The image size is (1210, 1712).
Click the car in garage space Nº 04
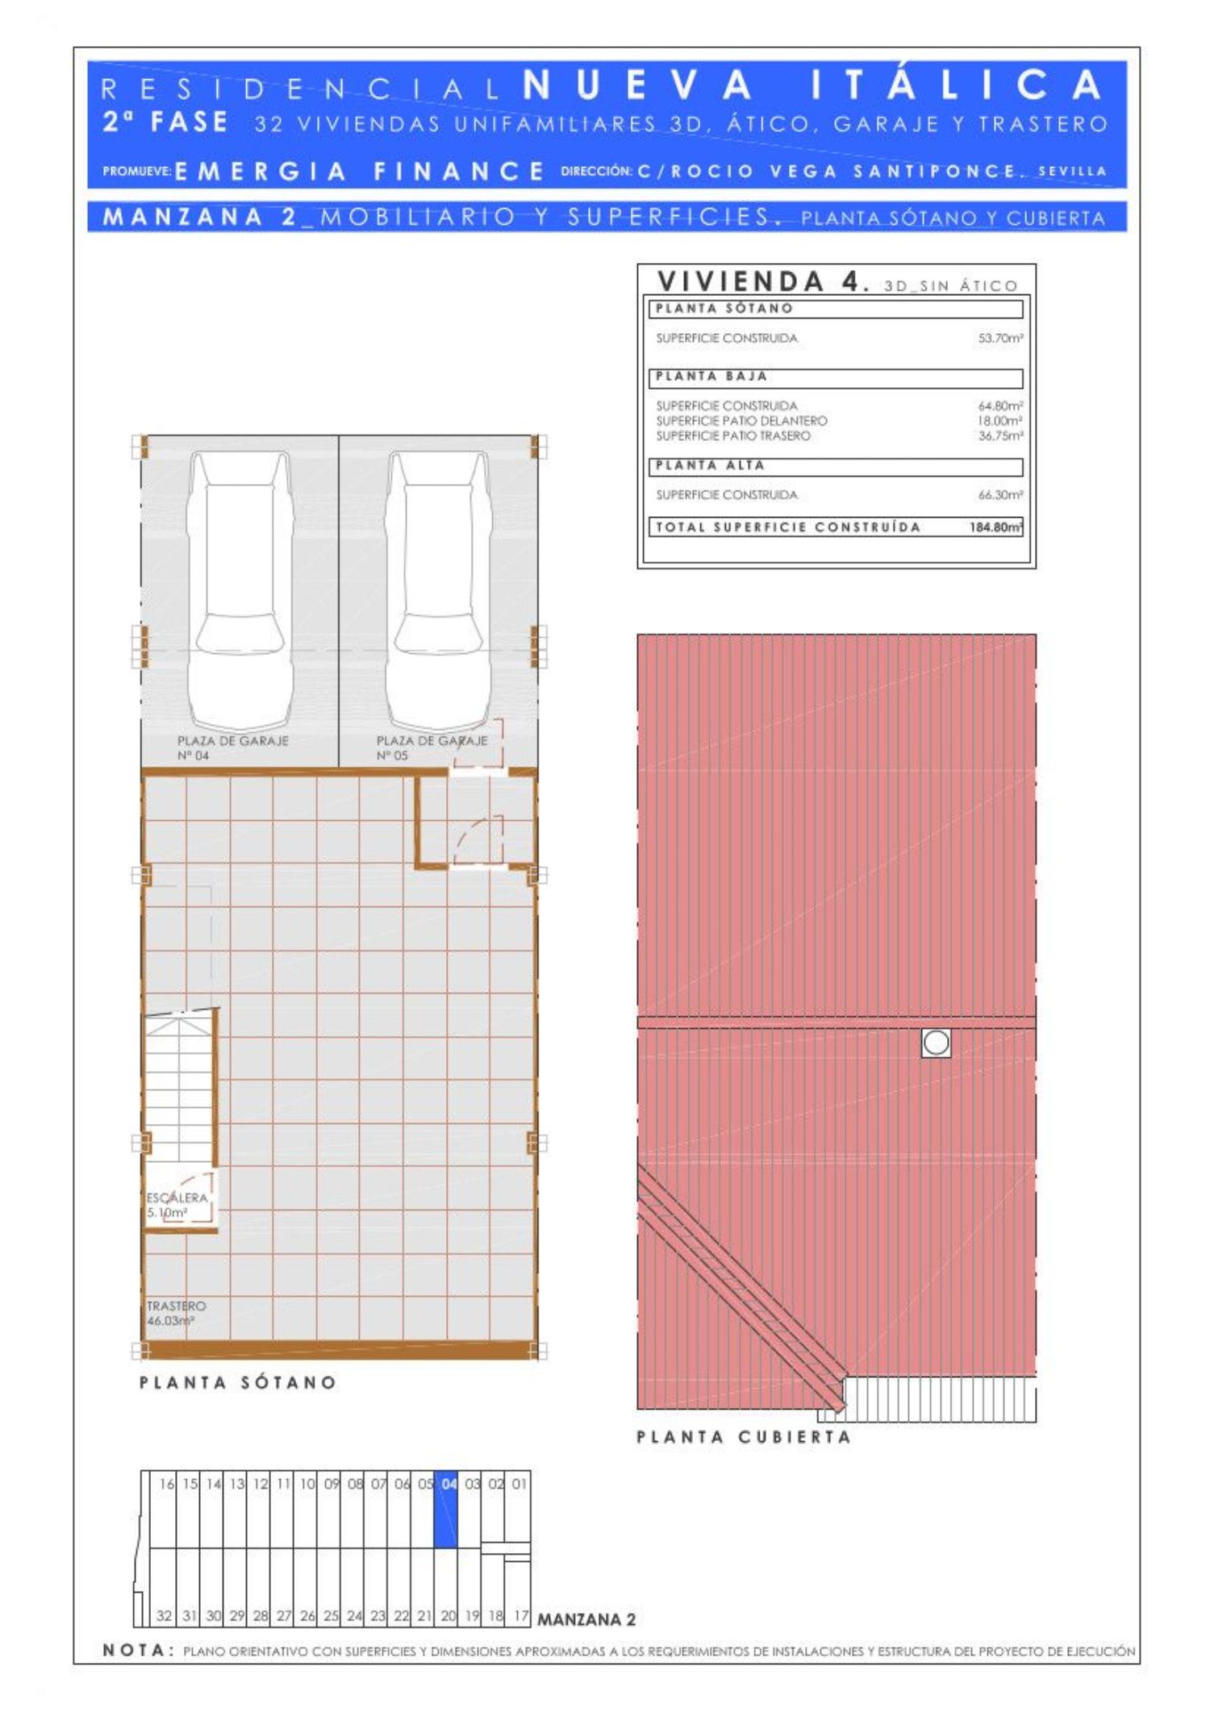(239, 590)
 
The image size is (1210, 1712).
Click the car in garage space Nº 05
(438, 590)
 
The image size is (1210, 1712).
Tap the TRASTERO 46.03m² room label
(176, 1313)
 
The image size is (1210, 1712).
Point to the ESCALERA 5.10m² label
(177, 1205)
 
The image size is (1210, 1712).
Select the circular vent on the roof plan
(936, 1043)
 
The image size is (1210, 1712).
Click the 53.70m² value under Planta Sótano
(1000, 338)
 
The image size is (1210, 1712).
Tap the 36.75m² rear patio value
(1000, 435)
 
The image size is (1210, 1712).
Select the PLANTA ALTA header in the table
(710, 465)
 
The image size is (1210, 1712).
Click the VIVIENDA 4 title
(763, 281)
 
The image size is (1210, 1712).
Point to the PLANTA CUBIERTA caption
(744, 1436)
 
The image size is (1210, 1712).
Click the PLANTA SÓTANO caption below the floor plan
(238, 1382)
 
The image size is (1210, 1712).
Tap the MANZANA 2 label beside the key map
(586, 1618)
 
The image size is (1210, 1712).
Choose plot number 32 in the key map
(164, 1615)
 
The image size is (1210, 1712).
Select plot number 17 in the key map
(521, 1615)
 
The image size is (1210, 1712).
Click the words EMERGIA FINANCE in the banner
(360, 171)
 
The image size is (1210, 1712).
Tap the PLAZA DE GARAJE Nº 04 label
(232, 748)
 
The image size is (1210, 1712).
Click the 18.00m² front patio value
(1000, 421)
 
